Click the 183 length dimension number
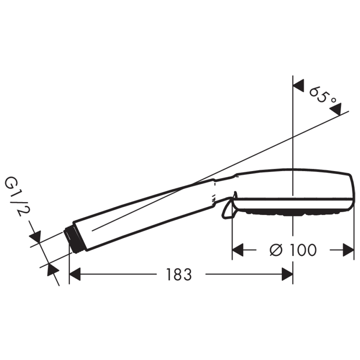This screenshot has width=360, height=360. (179, 274)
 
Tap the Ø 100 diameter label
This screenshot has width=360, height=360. (293, 250)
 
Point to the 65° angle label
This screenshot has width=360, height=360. (323, 95)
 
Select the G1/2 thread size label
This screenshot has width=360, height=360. (15, 197)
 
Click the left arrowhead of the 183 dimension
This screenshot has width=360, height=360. (75, 274)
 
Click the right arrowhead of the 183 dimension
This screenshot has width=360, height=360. (287, 274)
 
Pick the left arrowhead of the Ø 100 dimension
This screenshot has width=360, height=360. (238, 250)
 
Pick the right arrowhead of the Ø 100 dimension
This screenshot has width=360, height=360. (348, 250)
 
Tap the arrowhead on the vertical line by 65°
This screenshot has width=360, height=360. (298, 86)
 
